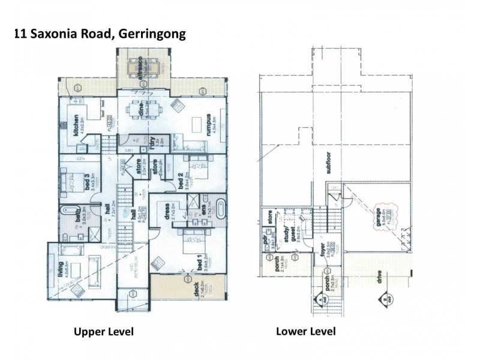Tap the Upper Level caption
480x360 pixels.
pyautogui.click(x=103, y=331)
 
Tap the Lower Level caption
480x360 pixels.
pyautogui.click(x=305, y=331)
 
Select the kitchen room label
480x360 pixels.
pyautogui.click(x=76, y=127)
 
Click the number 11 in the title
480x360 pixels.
pyautogui.click(x=20, y=35)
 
